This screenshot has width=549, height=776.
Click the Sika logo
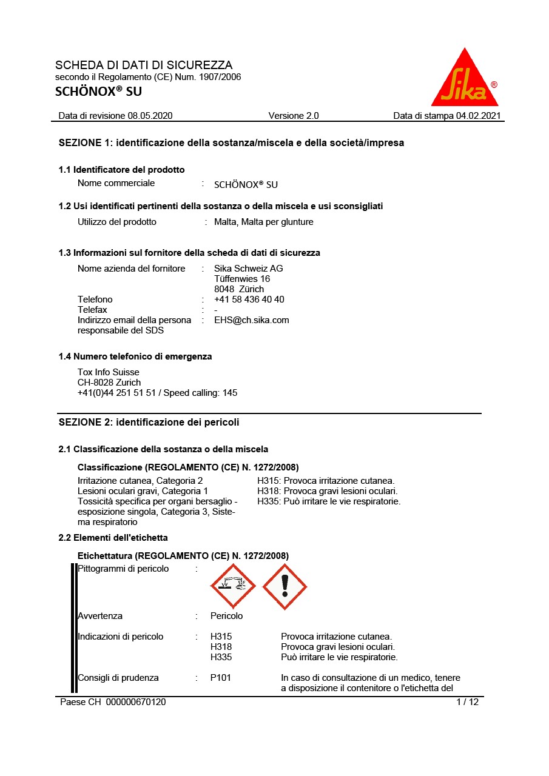(464, 79)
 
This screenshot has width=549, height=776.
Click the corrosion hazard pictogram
(233, 586)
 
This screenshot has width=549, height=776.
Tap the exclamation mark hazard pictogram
(285, 586)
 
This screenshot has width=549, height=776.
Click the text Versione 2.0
(293, 116)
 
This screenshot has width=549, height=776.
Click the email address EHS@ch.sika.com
(251, 320)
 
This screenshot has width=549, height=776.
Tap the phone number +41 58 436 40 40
(249, 299)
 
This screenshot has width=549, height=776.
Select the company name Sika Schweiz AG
(248, 269)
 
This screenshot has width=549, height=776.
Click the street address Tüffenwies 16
(242, 279)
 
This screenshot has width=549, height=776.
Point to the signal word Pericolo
(226, 616)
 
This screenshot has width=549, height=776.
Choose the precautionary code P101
(221, 678)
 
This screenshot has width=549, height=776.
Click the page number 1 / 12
(467, 702)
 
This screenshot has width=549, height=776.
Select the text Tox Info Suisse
(108, 372)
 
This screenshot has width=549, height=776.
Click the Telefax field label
(92, 310)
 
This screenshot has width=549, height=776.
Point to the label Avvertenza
(100, 616)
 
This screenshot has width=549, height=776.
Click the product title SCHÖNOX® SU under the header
(98, 92)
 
